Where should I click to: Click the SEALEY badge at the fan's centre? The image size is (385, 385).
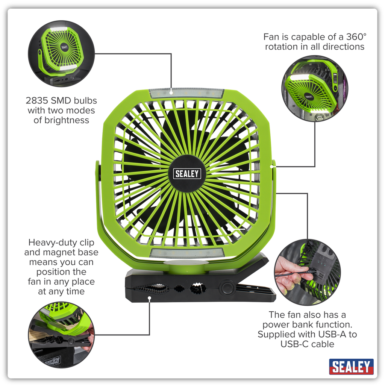click(x=187, y=173)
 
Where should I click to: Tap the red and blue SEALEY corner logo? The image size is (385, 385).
click(x=351, y=367)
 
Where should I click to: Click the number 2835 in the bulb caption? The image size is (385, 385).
click(x=37, y=101)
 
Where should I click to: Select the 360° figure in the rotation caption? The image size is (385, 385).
click(x=356, y=37)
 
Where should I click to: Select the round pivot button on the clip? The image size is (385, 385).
click(x=227, y=288)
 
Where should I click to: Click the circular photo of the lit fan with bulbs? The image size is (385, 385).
click(x=61, y=53)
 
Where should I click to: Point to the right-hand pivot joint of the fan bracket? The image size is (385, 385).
click(x=273, y=165)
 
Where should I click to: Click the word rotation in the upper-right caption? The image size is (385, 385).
click(x=282, y=47)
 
